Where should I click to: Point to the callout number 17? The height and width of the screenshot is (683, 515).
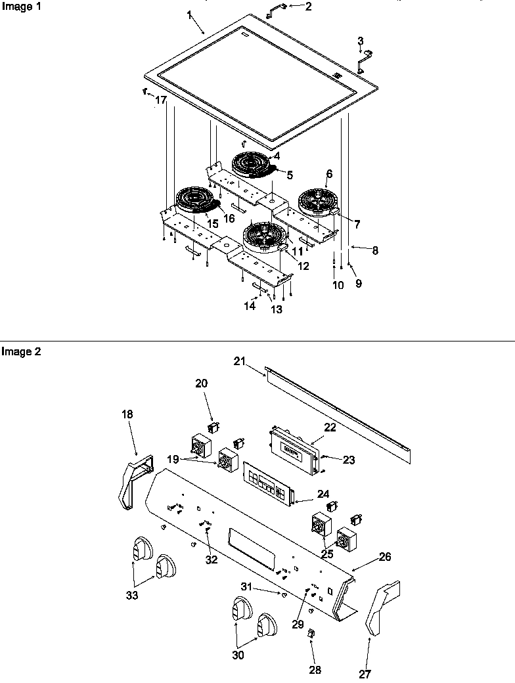click(x=161, y=100)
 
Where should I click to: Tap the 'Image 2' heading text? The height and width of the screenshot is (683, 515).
click(x=21, y=351)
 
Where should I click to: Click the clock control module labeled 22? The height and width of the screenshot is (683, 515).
click(x=294, y=448)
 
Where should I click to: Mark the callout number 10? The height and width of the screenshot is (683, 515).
click(x=338, y=284)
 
